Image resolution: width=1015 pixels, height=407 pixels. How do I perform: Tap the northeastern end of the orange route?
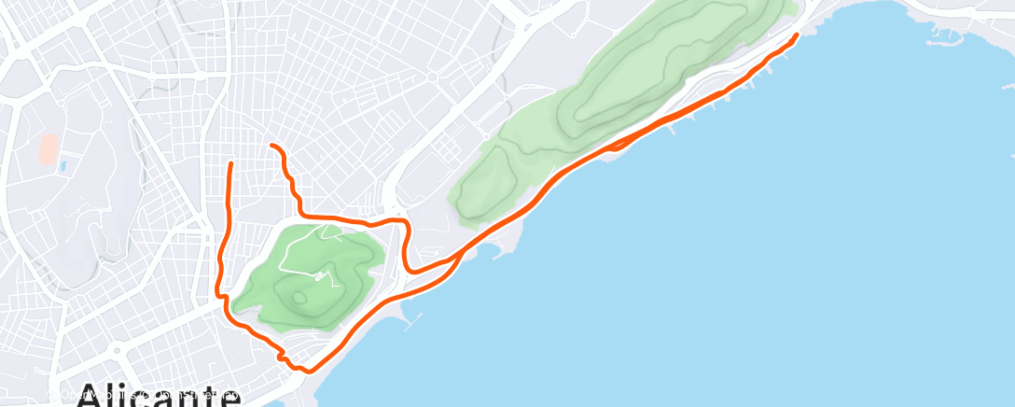[796, 35]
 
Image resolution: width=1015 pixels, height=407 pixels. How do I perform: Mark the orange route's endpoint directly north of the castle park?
[271, 146]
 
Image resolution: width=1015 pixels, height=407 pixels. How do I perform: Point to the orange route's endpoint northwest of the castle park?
[230, 163]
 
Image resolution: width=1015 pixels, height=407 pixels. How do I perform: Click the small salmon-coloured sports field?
[48, 147]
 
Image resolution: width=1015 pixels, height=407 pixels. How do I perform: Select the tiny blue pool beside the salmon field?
[63, 165]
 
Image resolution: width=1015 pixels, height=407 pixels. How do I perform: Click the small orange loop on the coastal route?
[617, 145]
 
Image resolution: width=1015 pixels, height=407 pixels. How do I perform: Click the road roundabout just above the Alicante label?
[116, 353]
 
